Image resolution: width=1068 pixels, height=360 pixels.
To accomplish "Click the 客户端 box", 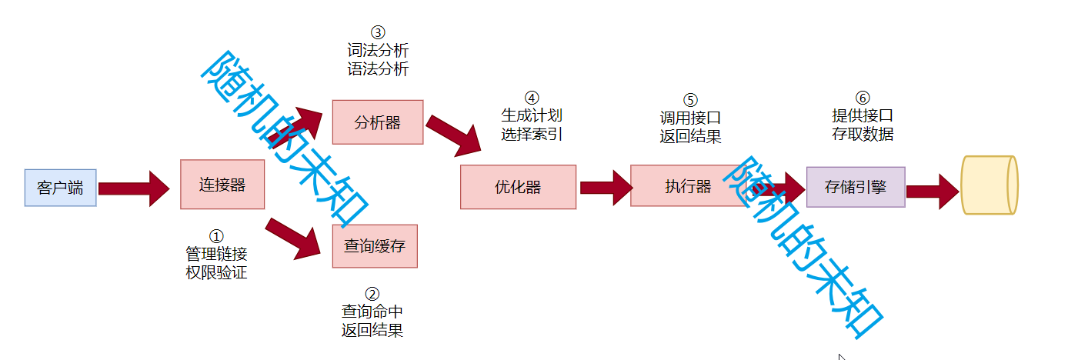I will pyautogui.click(x=60, y=188).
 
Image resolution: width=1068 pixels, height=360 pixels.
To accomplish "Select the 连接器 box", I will pyautogui.click(x=222, y=185).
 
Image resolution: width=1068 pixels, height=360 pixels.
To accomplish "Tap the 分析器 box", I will pyautogui.click(x=377, y=122).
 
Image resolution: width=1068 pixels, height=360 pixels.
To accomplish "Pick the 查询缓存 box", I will pyautogui.click(x=374, y=246).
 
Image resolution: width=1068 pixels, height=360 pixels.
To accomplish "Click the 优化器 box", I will pyautogui.click(x=518, y=187).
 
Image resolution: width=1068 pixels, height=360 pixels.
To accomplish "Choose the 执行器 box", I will pyautogui.click(x=688, y=185).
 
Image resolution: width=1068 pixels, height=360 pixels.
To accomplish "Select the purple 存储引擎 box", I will pyautogui.click(x=856, y=187).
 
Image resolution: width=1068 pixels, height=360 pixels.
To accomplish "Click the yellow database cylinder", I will pyautogui.click(x=990, y=185).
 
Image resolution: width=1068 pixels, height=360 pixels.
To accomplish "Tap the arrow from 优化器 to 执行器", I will pyautogui.click(x=606, y=188).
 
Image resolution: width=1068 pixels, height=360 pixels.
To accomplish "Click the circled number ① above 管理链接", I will pyautogui.click(x=216, y=235).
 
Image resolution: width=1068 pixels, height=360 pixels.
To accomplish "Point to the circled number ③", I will pyautogui.click(x=377, y=32).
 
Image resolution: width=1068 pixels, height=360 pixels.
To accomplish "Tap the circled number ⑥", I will pyautogui.click(x=863, y=98).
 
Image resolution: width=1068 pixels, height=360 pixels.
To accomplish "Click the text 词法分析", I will pyautogui.click(x=378, y=51).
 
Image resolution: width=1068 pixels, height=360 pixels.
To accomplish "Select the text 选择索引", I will pyautogui.click(x=532, y=133).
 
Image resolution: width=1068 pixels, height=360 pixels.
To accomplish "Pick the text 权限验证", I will pyautogui.click(x=216, y=272).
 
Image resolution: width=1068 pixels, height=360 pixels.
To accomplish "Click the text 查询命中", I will pyautogui.click(x=372, y=312).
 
